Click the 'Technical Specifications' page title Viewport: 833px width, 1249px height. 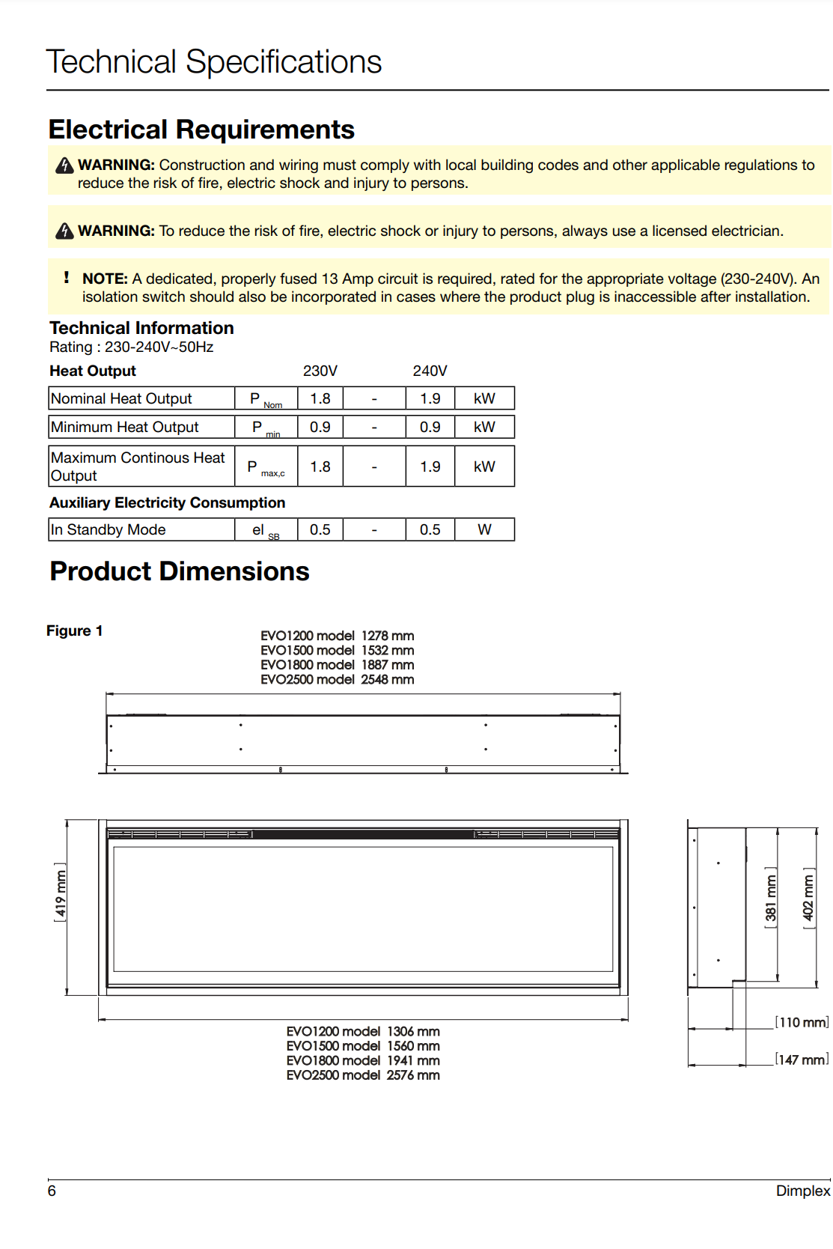click(214, 61)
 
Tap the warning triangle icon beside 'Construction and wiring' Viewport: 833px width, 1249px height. click(65, 165)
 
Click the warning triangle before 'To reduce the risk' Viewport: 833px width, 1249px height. click(65, 231)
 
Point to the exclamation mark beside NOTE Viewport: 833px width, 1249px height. click(67, 278)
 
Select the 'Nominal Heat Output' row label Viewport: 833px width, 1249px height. click(121, 398)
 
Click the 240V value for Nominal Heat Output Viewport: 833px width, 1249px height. click(430, 398)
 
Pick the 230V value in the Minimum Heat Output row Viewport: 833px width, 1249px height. click(320, 427)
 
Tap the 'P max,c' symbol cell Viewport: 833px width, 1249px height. click(266, 467)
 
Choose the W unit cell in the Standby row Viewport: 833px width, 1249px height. click(484, 529)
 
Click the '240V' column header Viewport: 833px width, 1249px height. click(430, 371)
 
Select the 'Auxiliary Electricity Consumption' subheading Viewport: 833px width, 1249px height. click(168, 502)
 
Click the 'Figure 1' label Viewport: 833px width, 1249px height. click(74, 630)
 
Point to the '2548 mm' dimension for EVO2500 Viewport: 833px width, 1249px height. click(387, 679)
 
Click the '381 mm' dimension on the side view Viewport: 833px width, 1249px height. click(770, 899)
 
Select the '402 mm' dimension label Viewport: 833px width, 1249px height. click(808, 899)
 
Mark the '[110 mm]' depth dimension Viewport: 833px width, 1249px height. click(802, 1022)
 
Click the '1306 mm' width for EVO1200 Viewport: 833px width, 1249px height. click(413, 1031)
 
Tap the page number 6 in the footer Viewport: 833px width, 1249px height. click(52, 1191)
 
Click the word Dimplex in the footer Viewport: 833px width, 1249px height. click(802, 1191)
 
